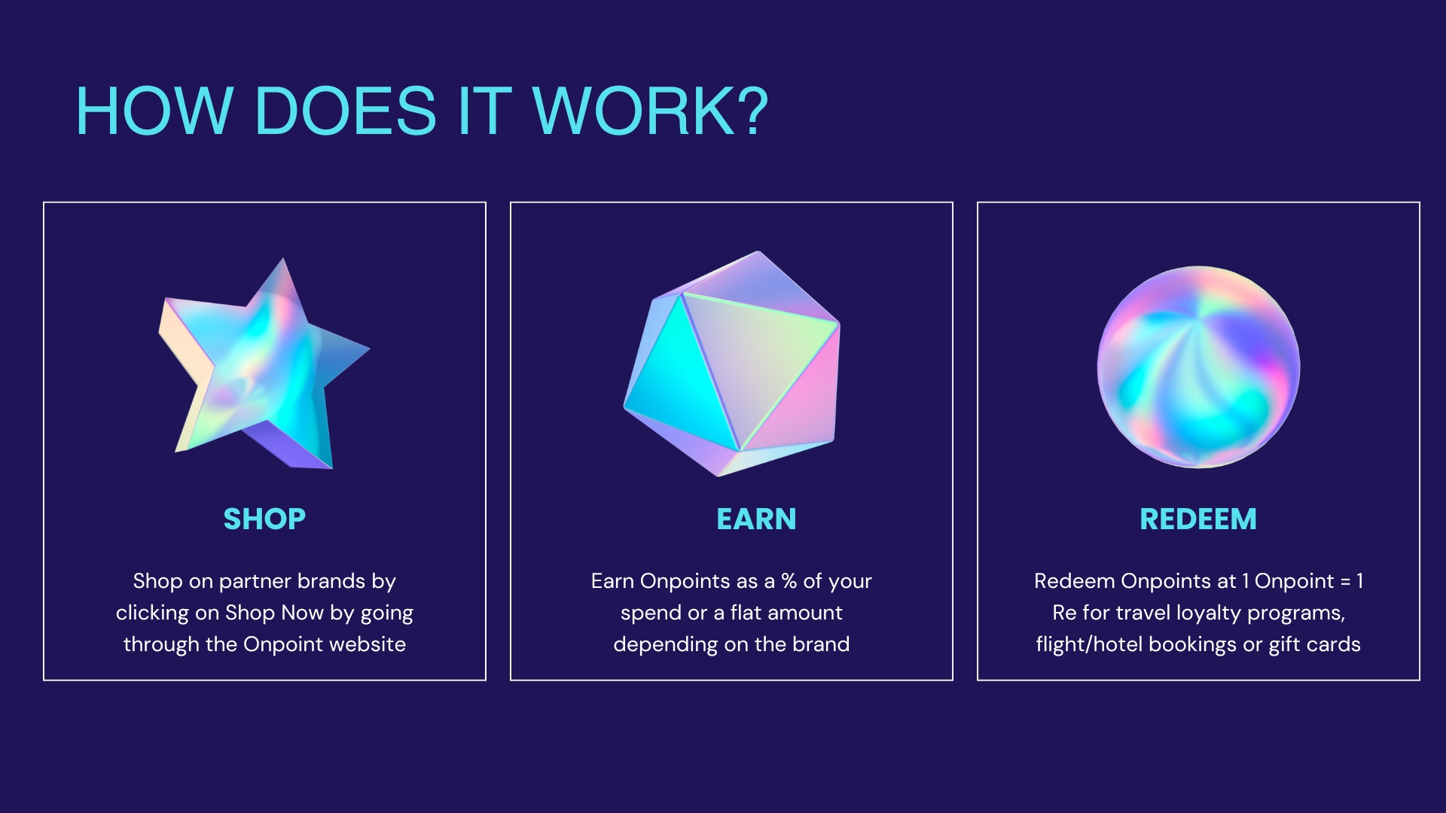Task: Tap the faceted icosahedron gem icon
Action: tap(732, 364)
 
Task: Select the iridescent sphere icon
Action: tap(1198, 367)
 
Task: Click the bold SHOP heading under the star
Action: tap(264, 519)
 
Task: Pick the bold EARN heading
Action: tap(756, 519)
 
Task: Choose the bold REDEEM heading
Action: tap(1198, 519)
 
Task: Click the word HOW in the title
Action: tap(154, 111)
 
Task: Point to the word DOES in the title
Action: tap(346, 111)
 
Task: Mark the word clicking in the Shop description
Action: tap(152, 614)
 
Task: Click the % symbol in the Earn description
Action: tap(789, 581)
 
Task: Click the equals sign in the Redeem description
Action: tap(1345, 581)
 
